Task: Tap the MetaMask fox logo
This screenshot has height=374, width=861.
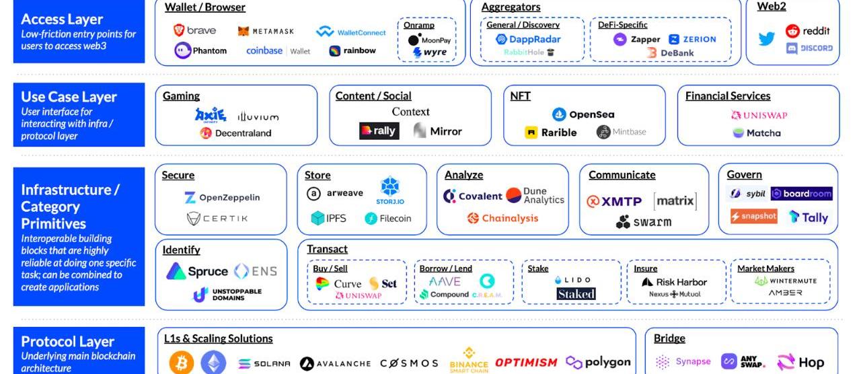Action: (x=244, y=31)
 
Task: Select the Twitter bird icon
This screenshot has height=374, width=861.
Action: (x=766, y=39)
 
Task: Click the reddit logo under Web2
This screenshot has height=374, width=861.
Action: (x=808, y=31)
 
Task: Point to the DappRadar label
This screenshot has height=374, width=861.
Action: (x=528, y=39)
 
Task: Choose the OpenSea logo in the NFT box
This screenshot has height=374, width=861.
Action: (x=583, y=114)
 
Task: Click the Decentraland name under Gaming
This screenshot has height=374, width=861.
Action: (x=243, y=133)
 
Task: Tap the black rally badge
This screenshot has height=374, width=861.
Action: (x=379, y=131)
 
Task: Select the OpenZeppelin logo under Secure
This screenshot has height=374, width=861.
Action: (x=221, y=198)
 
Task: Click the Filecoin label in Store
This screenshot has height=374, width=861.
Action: (x=395, y=219)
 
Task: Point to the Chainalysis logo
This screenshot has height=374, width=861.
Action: (x=502, y=218)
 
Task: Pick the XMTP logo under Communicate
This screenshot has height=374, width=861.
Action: (x=614, y=201)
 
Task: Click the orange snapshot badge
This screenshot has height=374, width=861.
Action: (x=753, y=216)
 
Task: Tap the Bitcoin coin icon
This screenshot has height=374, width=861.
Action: (x=181, y=363)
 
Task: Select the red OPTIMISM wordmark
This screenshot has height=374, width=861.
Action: (x=526, y=363)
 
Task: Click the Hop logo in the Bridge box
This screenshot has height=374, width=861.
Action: (x=800, y=363)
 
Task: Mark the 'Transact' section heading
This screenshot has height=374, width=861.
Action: (x=327, y=250)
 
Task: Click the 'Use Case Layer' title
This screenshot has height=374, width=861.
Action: (x=69, y=97)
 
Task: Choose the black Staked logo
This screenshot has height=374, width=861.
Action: (x=576, y=294)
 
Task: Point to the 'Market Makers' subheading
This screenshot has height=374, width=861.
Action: (x=765, y=268)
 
